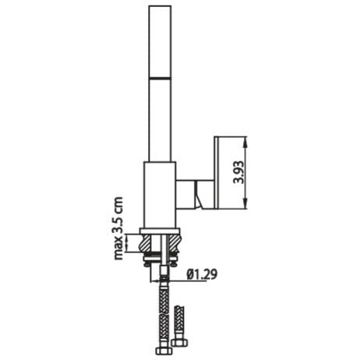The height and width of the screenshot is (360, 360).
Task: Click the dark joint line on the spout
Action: [x=161, y=77]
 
